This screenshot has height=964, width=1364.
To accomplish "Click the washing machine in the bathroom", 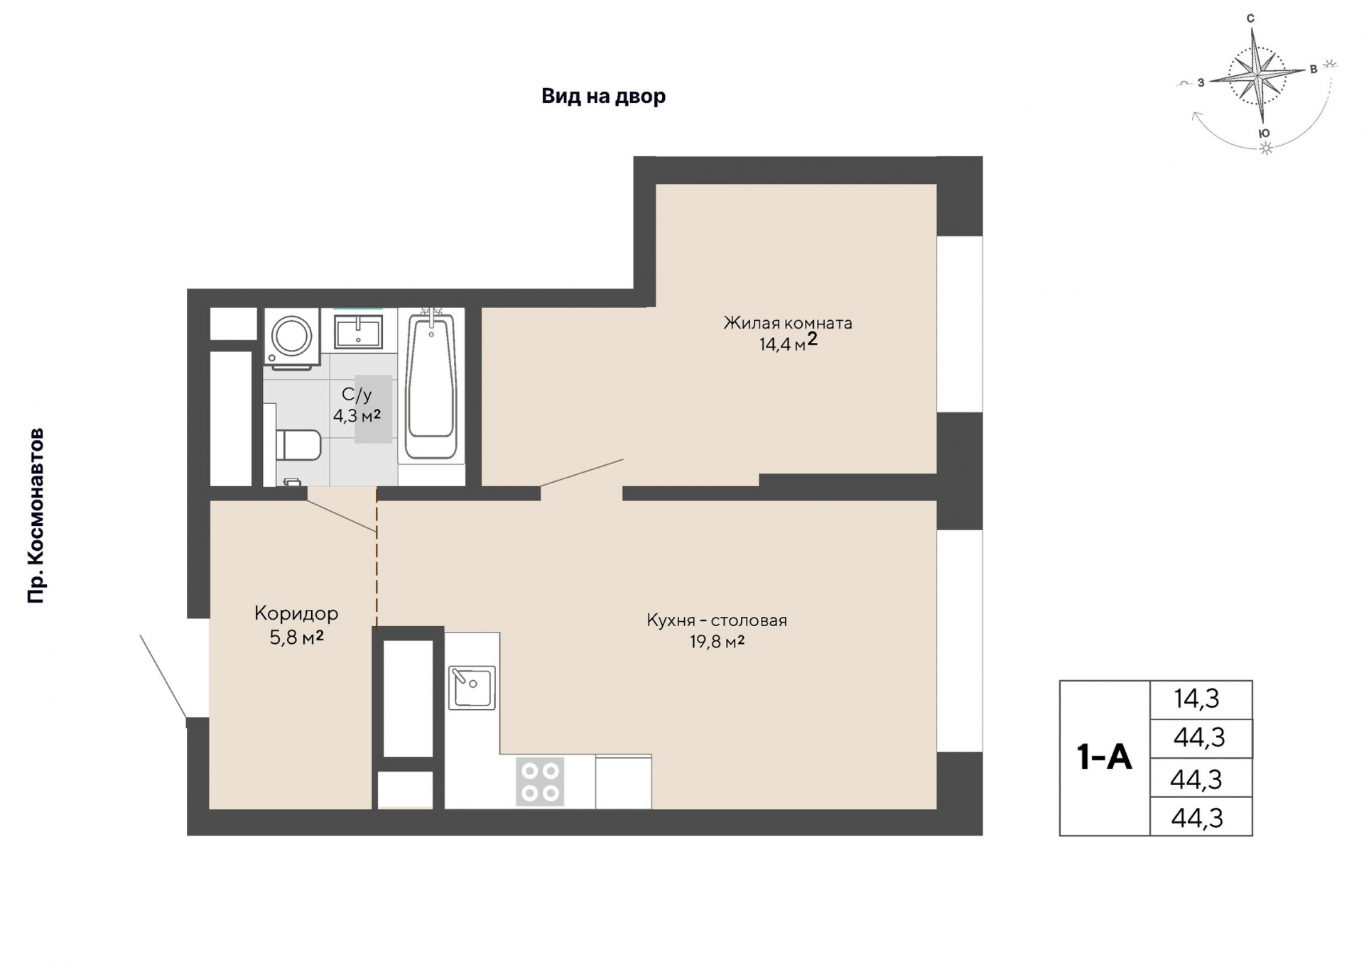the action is [291, 339].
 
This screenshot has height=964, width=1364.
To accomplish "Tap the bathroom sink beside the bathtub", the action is [358, 331].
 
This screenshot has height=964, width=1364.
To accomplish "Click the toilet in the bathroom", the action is [298, 445].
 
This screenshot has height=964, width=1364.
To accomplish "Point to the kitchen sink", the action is [472, 688].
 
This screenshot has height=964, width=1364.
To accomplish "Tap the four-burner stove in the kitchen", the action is [540, 782].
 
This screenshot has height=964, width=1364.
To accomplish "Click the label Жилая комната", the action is [788, 323].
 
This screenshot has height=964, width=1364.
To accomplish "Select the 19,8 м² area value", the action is [717, 642].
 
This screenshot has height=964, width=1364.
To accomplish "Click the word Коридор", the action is [296, 613].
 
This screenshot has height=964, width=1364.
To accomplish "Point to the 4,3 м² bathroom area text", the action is [357, 415].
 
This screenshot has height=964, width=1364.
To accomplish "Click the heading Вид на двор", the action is [604, 96].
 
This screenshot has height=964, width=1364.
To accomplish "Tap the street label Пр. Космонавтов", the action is [36, 516].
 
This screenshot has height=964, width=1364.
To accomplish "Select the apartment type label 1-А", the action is [1104, 757].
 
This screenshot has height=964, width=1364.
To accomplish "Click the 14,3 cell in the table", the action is [1197, 699].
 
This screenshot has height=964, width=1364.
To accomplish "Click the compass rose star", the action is [1259, 74].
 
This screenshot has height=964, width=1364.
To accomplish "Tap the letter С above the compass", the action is [1251, 18].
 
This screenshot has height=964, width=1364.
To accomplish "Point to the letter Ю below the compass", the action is [1264, 133].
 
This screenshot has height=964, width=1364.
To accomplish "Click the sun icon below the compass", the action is [1266, 148].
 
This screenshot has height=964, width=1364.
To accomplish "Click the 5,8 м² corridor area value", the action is [297, 637].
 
